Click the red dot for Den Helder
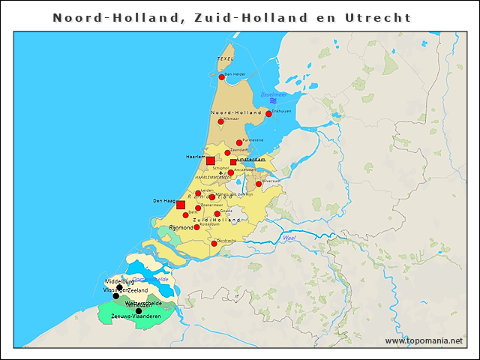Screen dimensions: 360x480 (222, 76)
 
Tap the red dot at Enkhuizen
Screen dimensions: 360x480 (268, 114)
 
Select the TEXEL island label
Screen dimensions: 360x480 (225, 58)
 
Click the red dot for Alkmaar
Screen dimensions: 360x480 (220, 121)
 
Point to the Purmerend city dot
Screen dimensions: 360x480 (239, 142)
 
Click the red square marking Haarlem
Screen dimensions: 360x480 (211, 160)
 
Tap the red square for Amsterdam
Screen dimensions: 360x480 (233, 162)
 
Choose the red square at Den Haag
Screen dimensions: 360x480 (181, 205)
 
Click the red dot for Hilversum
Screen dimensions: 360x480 (259, 184)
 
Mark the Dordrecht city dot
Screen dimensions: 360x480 (214, 243)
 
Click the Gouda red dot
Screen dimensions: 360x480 (217, 214)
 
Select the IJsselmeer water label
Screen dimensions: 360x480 (272, 94)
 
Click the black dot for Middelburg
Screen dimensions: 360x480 (119, 287)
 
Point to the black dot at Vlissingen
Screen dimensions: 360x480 (115, 295)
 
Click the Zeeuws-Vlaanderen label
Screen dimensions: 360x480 (136, 316)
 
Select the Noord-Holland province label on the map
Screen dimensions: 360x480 (235, 112)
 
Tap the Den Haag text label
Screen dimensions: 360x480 (163, 201)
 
